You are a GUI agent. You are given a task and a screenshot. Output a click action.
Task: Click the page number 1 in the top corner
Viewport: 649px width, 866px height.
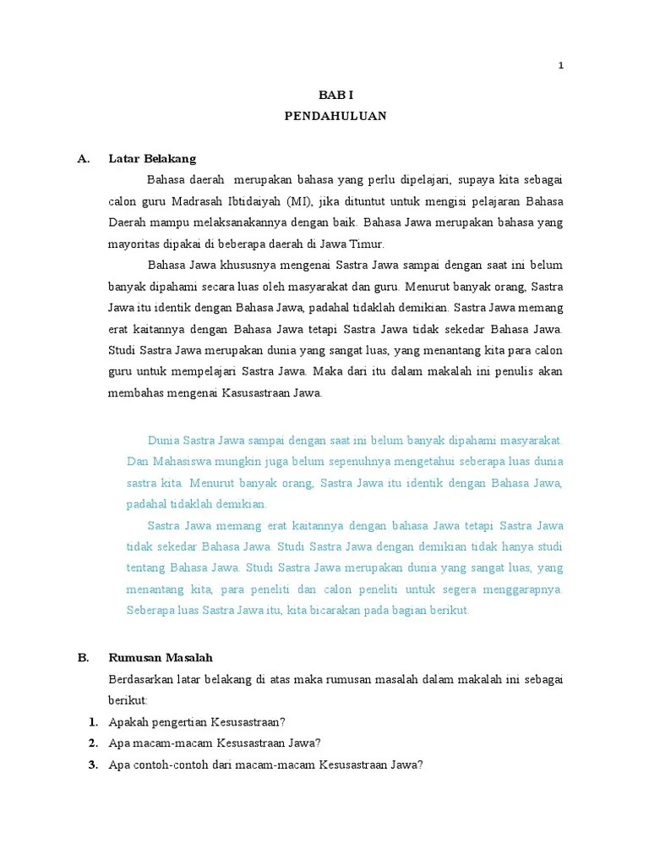[560, 68]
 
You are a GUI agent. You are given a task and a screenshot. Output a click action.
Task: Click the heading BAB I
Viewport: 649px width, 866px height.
[335, 96]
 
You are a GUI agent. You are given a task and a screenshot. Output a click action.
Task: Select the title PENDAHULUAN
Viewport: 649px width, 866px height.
[335, 117]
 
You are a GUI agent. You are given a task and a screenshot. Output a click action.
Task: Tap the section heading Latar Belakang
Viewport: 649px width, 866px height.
[152, 158]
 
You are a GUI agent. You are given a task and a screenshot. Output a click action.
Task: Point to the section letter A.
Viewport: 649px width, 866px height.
[83, 158]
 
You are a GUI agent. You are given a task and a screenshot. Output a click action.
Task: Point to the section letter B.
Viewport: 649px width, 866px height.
[83, 657]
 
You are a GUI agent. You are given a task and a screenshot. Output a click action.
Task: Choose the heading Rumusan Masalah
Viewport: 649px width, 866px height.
[161, 657]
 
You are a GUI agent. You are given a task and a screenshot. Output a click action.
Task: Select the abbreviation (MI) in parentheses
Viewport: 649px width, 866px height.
[297, 201]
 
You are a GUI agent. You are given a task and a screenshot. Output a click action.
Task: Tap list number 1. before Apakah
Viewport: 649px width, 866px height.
[93, 722]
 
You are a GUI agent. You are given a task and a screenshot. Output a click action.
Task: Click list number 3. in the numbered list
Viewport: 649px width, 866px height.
[93, 765]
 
